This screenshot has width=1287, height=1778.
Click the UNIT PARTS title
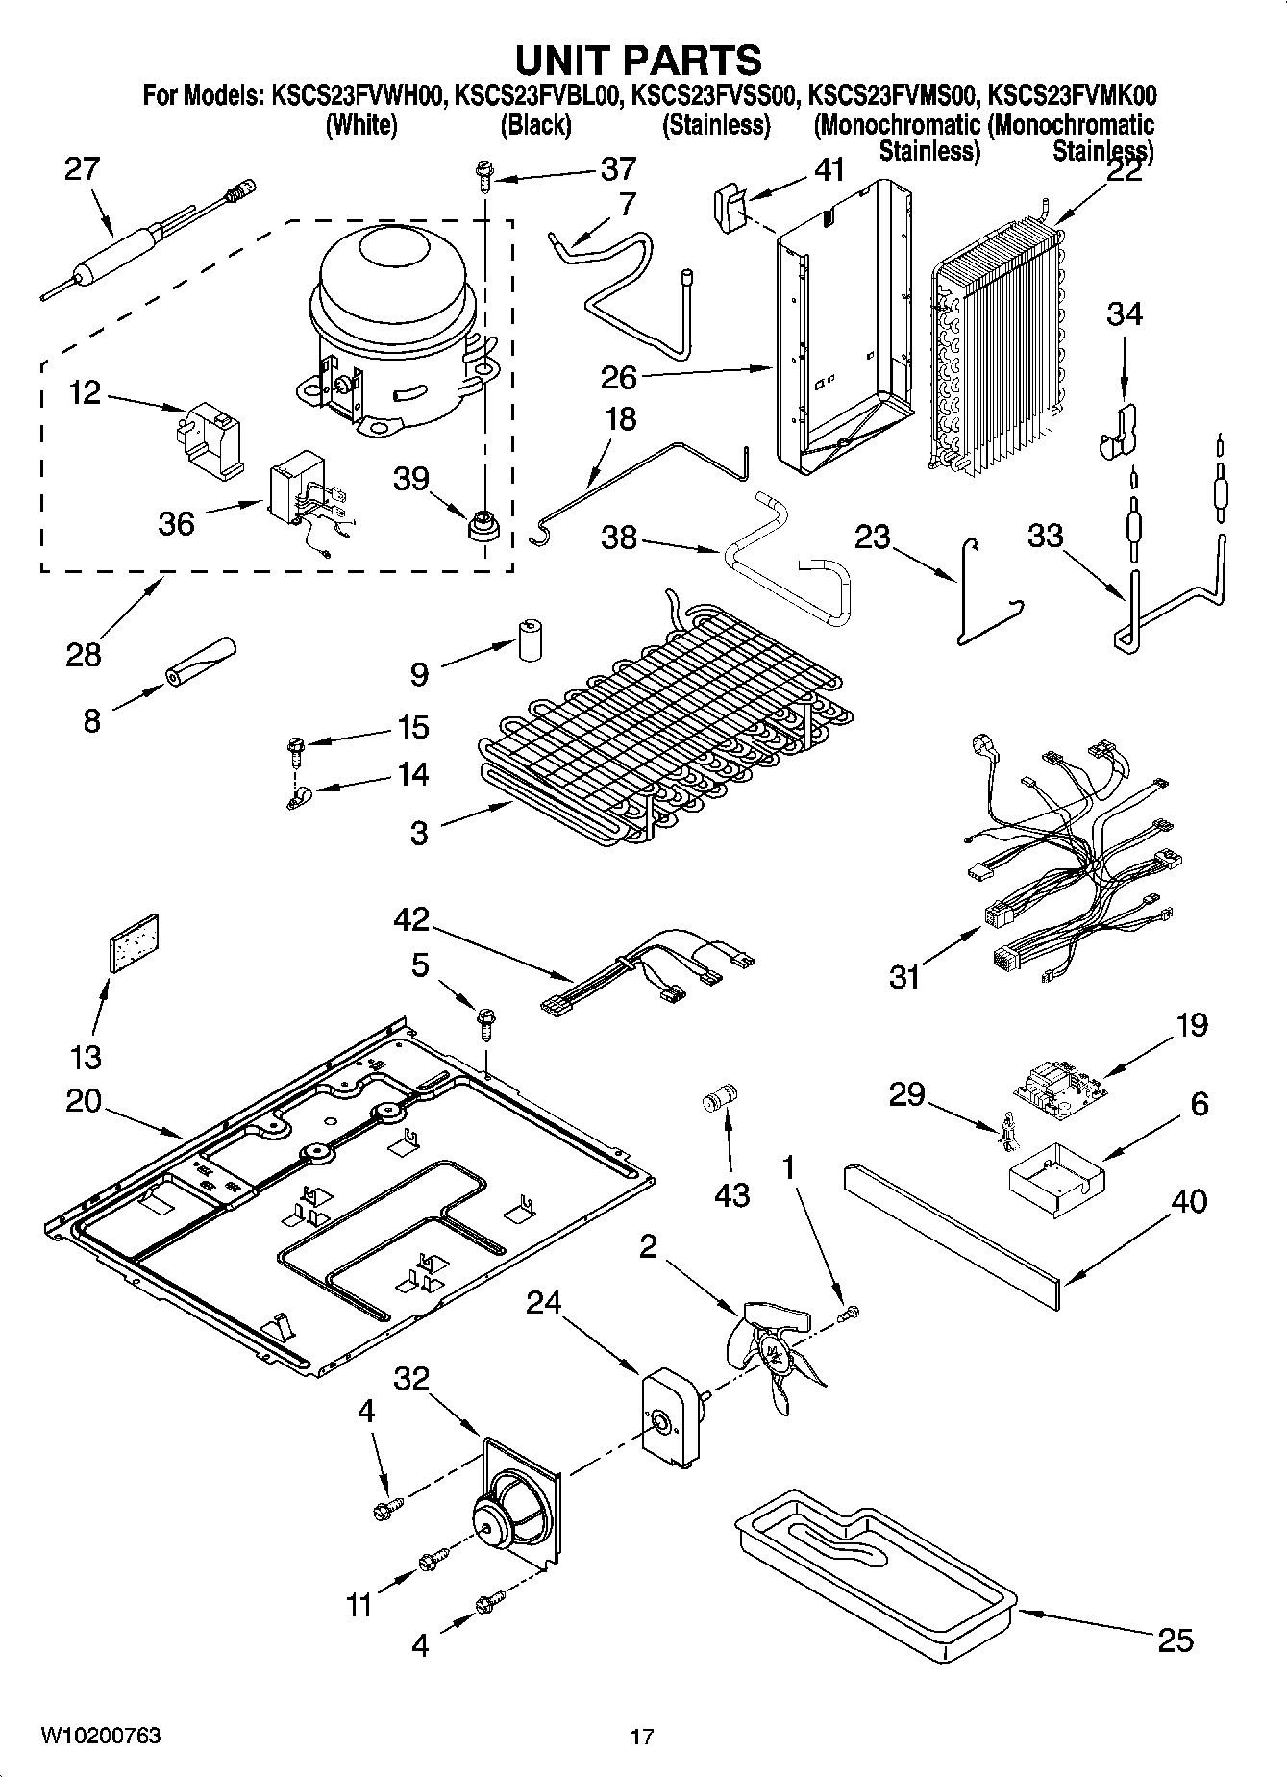(639, 60)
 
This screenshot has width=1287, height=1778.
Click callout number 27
(82, 169)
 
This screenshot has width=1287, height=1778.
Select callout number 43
(731, 1195)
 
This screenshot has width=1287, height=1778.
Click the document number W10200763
(100, 1736)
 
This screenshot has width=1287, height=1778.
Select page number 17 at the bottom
(642, 1737)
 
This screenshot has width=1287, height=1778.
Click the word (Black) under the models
(535, 125)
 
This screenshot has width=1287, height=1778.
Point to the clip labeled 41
(732, 205)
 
